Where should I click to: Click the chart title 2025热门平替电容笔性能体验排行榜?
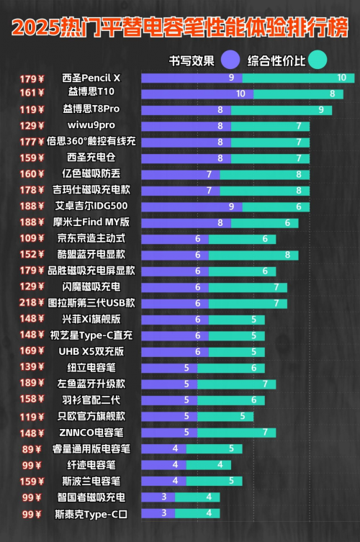(180, 27)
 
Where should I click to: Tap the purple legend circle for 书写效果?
(230, 60)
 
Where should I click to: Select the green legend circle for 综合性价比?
(317, 60)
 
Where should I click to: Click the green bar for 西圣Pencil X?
(299, 78)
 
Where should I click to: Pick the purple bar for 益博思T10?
(197, 94)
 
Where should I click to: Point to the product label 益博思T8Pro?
(91, 109)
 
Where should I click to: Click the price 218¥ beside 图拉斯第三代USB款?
(32, 303)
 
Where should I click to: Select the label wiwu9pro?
(91, 125)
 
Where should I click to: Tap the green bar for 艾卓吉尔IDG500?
(276, 207)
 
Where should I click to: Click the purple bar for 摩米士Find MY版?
(186, 223)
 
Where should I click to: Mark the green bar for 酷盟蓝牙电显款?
(253, 256)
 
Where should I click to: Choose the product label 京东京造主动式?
(91, 238)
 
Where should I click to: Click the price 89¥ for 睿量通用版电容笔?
(32, 449)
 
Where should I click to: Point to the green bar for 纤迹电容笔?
(209, 465)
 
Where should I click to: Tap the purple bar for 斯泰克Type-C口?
(158, 513)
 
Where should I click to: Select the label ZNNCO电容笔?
(91, 433)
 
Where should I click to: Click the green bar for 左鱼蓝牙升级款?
(237, 384)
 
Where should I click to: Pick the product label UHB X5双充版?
(91, 351)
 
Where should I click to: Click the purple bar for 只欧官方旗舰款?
(169, 417)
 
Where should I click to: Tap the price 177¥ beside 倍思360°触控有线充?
(32, 142)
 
